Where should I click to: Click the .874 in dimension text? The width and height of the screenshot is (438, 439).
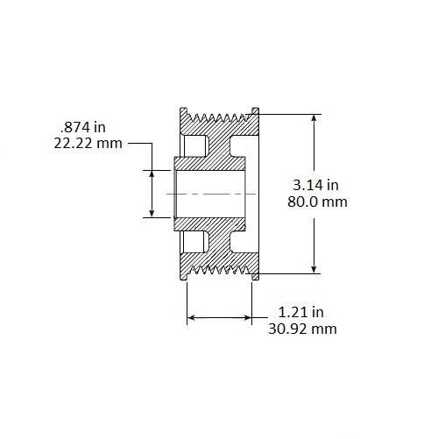pos(83,127)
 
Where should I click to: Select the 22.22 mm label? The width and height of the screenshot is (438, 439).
pos(88,143)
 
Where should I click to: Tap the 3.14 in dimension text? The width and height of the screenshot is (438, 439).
pos(315,185)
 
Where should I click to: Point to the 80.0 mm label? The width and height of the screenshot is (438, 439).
pos(317,202)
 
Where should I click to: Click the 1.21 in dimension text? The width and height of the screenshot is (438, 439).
pos(301,312)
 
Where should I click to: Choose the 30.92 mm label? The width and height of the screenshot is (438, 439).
pos(302,329)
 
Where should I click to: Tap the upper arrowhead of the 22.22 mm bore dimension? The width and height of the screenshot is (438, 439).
pos(152,173)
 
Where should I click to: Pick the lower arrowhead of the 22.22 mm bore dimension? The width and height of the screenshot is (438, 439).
pos(152,214)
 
